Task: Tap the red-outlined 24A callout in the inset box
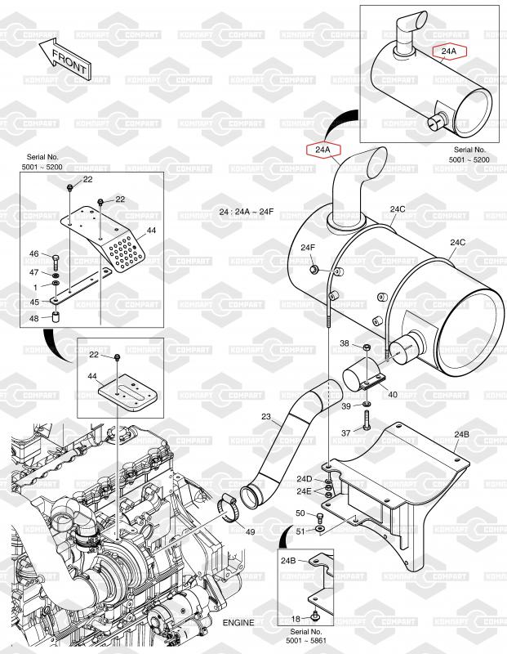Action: click(x=449, y=52)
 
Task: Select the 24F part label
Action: click(x=308, y=248)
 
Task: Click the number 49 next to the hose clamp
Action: click(x=250, y=532)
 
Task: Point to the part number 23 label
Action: click(x=266, y=416)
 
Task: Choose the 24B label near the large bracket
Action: click(x=461, y=434)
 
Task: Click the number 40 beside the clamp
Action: click(x=393, y=394)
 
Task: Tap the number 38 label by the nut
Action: click(x=345, y=343)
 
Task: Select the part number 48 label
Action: click(x=33, y=318)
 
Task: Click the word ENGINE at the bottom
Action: click(x=238, y=623)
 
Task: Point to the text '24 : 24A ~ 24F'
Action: click(x=247, y=212)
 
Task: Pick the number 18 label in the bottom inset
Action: click(x=296, y=619)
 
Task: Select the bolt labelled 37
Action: click(x=367, y=420)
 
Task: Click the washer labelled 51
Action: click(x=320, y=530)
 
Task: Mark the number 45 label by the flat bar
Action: click(x=34, y=302)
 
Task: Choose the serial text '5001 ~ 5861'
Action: click(x=306, y=640)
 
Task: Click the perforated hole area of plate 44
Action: click(x=127, y=253)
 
